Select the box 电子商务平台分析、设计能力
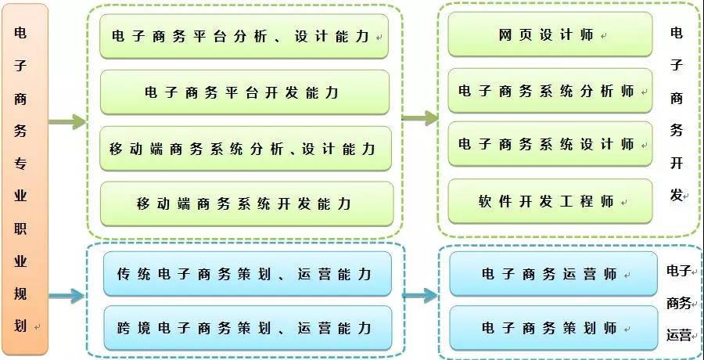244,37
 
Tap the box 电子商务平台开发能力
245,92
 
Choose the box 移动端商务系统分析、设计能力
246,149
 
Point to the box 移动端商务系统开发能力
246,203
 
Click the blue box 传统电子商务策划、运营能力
247,274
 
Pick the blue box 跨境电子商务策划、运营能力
247,328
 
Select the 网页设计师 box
550,34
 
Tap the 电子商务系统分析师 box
550,91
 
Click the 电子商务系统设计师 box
550,144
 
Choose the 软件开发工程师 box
550,201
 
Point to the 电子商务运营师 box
553,274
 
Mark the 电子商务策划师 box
553,328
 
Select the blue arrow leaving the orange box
67,296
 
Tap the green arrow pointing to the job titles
420,118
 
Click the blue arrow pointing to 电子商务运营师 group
420,295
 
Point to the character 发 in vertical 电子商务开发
677,196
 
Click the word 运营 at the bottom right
678,335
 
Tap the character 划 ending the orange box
20,326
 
